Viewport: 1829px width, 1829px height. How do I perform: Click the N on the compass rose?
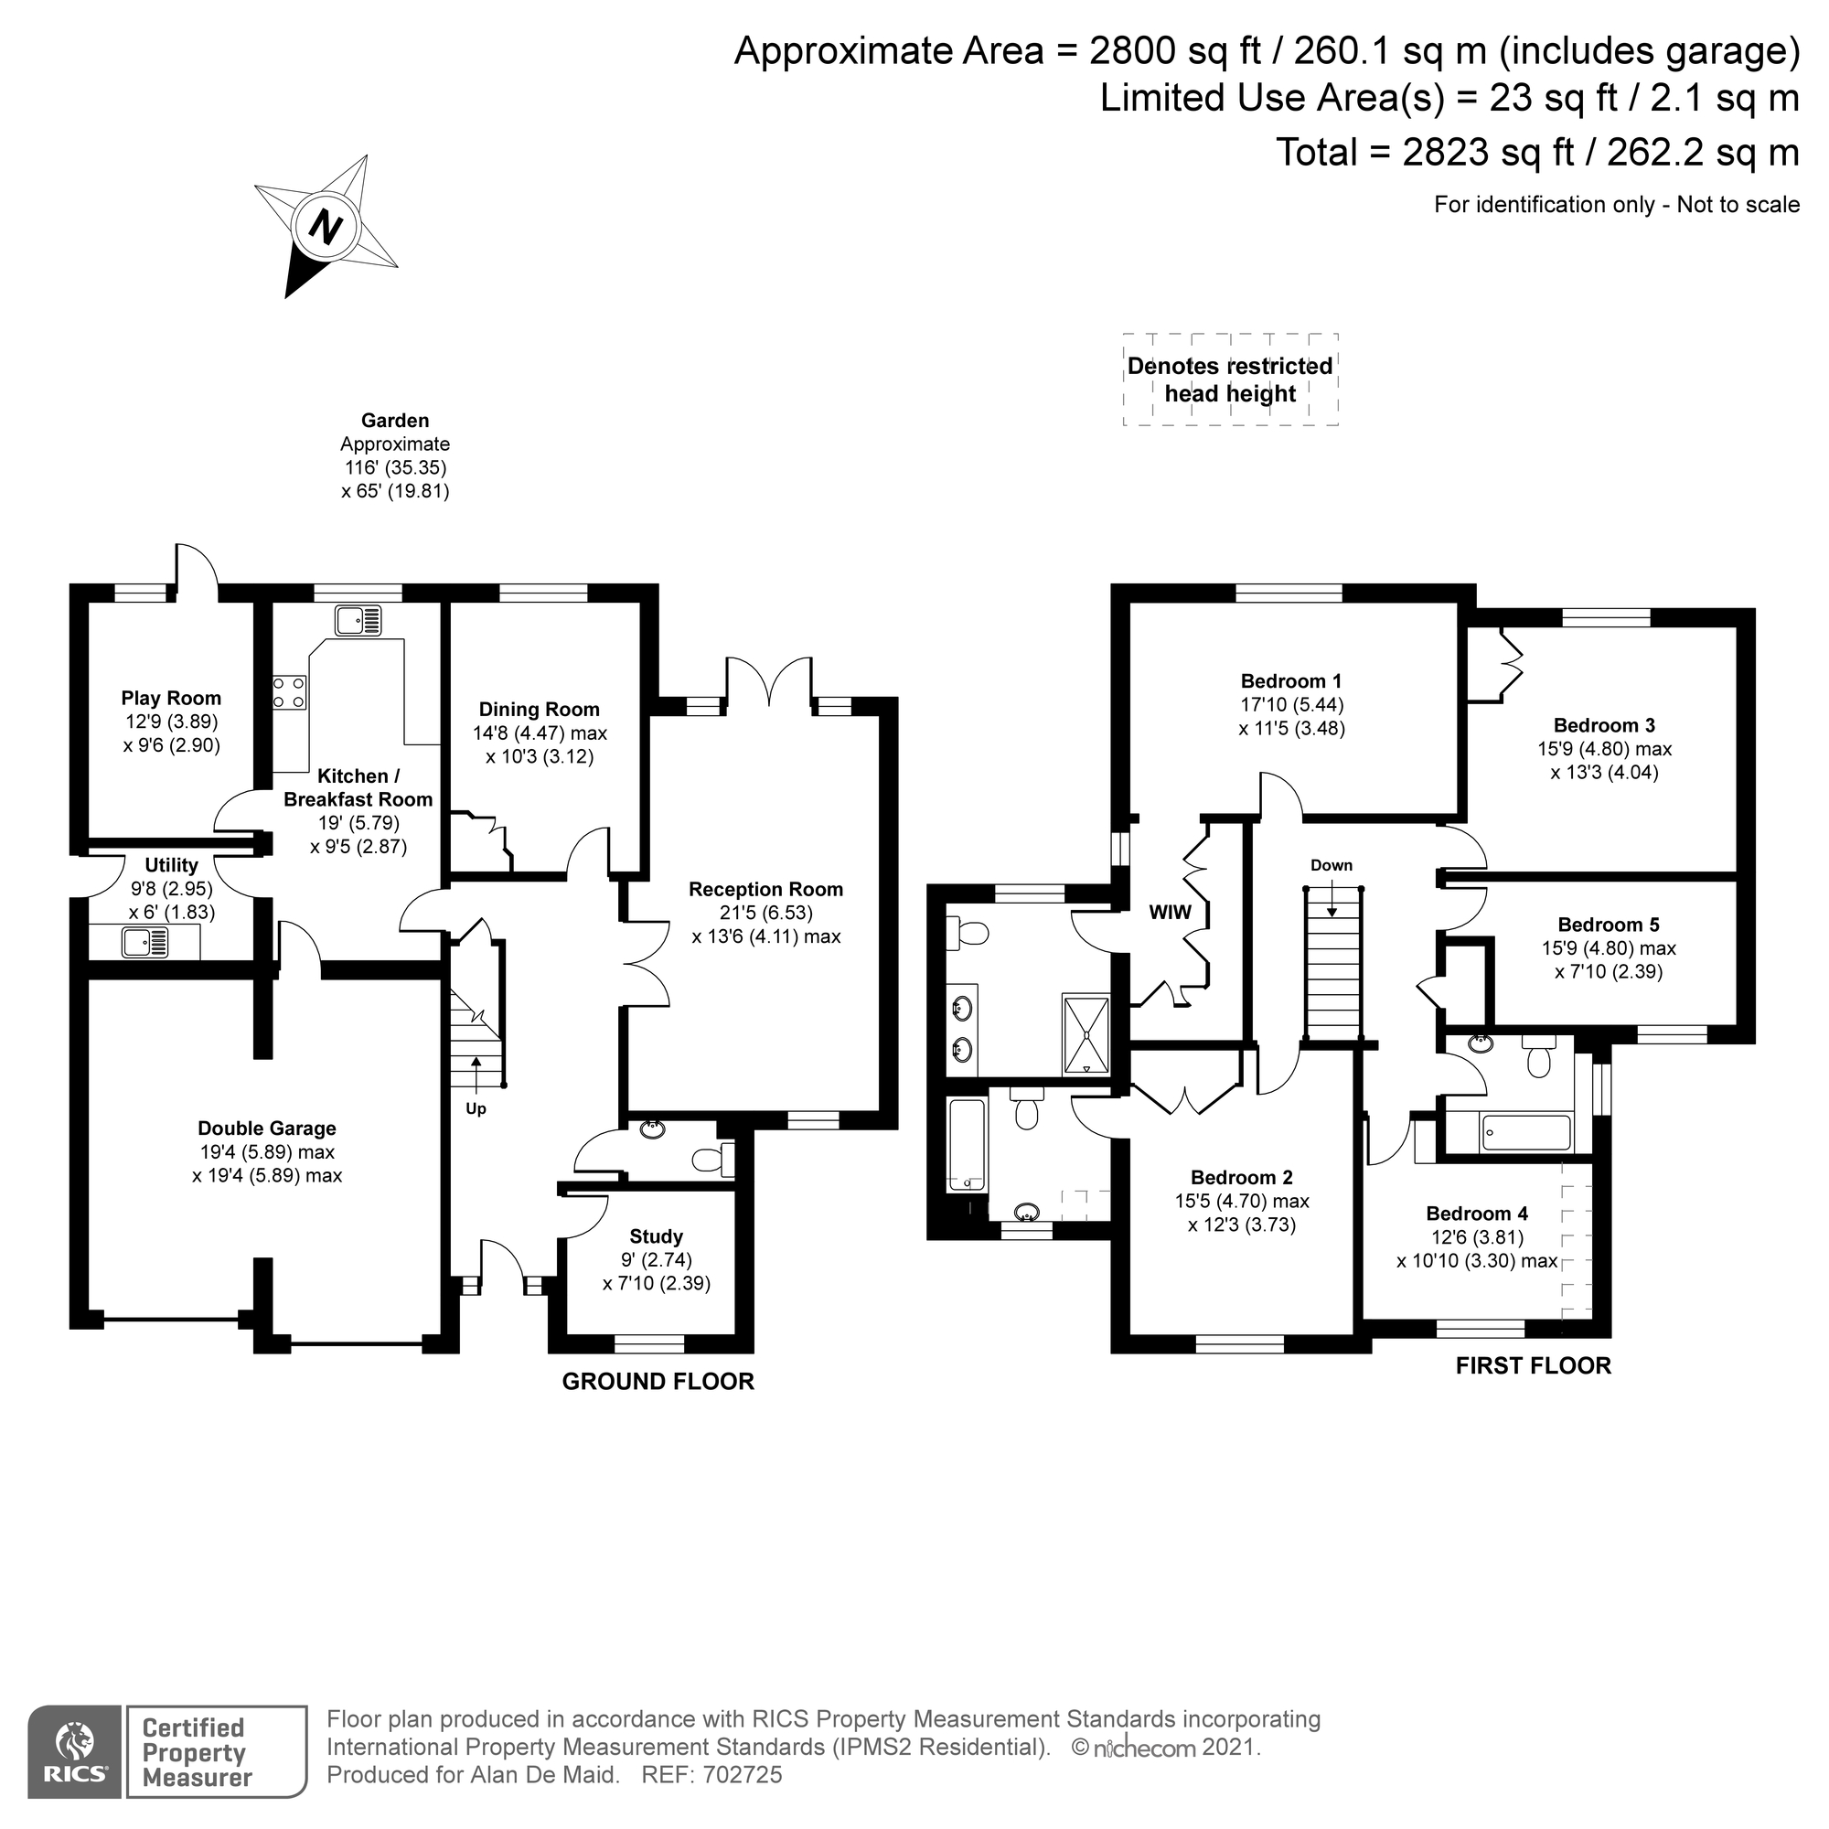tap(326, 227)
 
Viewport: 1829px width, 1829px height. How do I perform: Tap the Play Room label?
tap(171, 699)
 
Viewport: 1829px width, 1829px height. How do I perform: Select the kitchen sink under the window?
tap(357, 620)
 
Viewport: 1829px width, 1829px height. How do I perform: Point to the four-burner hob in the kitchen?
tap(290, 692)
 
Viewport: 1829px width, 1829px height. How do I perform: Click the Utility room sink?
tap(144, 942)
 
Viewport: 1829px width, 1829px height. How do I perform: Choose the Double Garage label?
tap(267, 1128)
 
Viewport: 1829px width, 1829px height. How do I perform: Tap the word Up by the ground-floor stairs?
tap(476, 1108)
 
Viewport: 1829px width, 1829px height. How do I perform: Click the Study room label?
tap(656, 1236)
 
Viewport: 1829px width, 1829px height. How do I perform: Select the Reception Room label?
tap(765, 890)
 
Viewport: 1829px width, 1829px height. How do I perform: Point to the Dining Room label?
tap(539, 710)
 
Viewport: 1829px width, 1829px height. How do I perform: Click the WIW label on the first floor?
tap(1171, 913)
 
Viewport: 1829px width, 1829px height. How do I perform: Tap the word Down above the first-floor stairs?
tap(1331, 865)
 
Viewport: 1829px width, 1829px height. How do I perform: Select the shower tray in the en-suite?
tap(1086, 1032)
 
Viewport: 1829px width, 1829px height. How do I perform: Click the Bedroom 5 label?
tap(1609, 925)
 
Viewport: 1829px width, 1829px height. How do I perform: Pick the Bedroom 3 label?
tap(1605, 726)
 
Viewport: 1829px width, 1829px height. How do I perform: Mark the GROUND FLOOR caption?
tap(658, 1381)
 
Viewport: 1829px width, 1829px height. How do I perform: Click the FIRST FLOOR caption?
tap(1533, 1365)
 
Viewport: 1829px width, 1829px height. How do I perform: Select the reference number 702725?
tap(743, 1775)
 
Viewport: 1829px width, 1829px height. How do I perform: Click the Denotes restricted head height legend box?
tap(1230, 380)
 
